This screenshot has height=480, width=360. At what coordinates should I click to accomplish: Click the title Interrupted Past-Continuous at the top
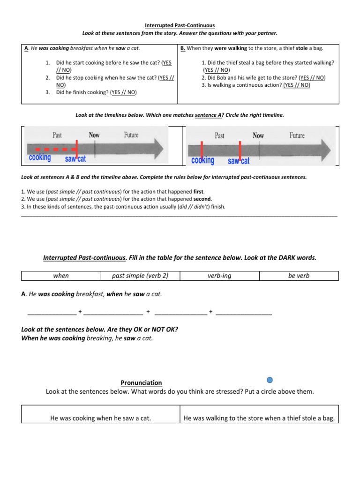(180, 26)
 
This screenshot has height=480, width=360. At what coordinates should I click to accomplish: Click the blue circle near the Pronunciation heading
(270, 380)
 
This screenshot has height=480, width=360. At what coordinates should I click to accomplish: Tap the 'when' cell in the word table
(61, 276)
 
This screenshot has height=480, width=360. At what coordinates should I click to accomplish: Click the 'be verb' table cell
(299, 276)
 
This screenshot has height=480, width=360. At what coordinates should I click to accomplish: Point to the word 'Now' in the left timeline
(94, 135)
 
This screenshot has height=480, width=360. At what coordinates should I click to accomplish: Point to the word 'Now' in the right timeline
(258, 135)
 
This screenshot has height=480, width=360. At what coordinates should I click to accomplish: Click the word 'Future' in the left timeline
(131, 135)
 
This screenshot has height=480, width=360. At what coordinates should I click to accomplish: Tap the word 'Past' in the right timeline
(219, 135)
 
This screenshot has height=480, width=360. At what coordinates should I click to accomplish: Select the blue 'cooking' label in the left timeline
(40, 157)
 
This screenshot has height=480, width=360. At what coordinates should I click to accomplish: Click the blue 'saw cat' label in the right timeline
(239, 161)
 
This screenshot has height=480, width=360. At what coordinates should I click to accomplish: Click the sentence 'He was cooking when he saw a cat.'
(100, 418)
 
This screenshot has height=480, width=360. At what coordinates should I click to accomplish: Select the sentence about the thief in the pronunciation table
(259, 418)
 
